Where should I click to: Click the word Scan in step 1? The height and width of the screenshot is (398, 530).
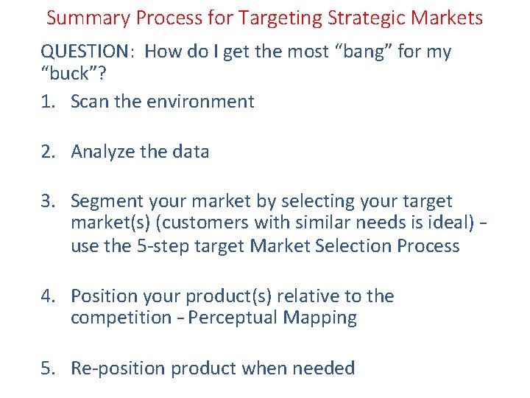pos(91,102)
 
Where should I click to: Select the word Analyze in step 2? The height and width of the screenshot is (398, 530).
pos(104,152)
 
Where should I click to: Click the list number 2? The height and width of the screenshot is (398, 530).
pos(48,152)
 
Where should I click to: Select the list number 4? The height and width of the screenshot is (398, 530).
pos(48,296)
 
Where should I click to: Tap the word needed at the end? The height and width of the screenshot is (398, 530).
pos(324,369)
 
